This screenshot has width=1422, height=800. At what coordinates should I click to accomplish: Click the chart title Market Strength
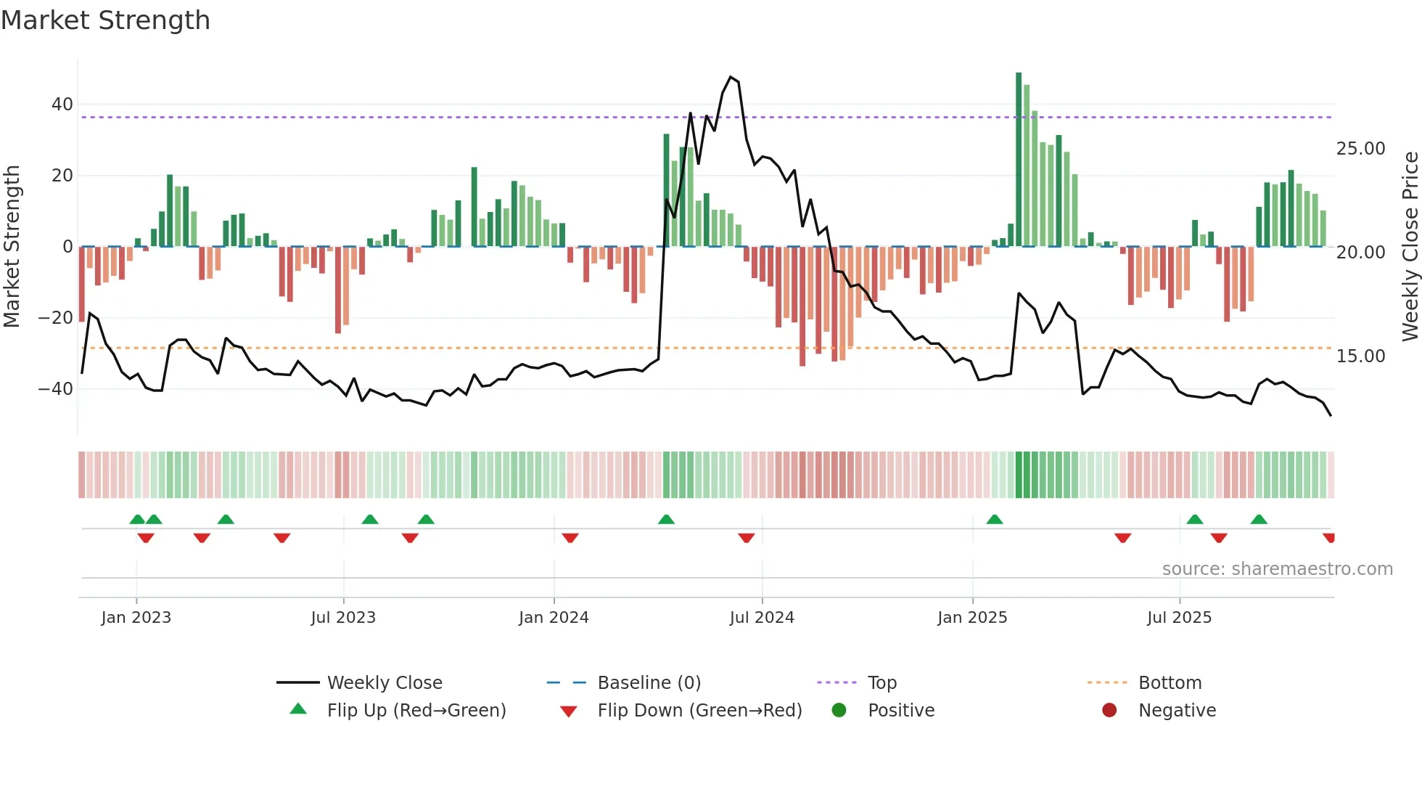pos(105,20)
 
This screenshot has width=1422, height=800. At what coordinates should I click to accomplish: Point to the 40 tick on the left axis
pos(62,105)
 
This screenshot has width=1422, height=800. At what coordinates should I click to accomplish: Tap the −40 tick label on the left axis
pos(56,389)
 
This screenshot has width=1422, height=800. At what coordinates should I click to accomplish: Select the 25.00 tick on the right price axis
pos(1360,149)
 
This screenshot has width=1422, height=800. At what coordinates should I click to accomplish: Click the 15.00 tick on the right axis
pos(1360,356)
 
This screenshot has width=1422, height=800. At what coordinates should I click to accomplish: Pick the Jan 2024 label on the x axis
pos(554,618)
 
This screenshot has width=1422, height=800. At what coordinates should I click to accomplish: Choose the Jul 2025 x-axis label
pos(1179,618)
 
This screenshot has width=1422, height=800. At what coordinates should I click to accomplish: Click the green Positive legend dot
pos(839,711)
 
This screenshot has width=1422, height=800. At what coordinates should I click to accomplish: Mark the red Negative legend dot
pos(1109,711)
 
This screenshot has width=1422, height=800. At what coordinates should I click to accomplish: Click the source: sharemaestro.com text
pos(1277,569)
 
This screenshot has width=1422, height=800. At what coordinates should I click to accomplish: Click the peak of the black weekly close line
pos(731,77)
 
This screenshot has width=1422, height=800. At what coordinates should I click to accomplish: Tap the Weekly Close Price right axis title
pos(1410,247)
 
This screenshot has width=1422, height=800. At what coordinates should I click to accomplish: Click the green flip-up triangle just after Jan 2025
pos(995,519)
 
